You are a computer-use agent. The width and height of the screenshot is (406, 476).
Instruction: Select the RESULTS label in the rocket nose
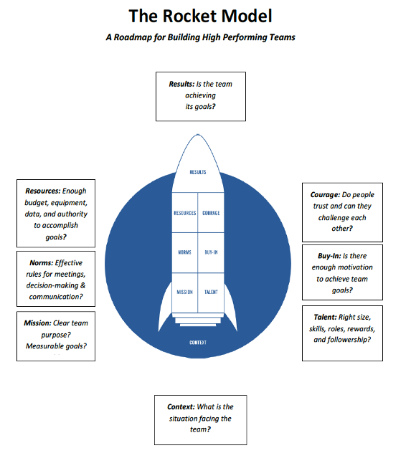pyautogui.click(x=198, y=172)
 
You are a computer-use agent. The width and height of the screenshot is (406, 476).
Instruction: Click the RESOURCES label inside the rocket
pyautogui.click(x=184, y=213)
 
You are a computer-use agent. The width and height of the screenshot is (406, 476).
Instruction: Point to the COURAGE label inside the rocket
pyautogui.click(x=211, y=213)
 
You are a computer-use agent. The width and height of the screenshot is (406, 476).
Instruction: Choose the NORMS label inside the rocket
pyautogui.click(x=184, y=252)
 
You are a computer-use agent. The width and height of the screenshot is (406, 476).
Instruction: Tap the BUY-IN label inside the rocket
pyautogui.click(x=211, y=252)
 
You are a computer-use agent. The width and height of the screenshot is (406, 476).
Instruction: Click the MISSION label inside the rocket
pyautogui.click(x=184, y=292)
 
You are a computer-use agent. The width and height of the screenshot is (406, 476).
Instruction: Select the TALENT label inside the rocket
pyautogui.click(x=211, y=292)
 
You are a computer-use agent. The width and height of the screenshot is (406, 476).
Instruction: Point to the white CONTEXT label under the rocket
pyautogui.click(x=198, y=343)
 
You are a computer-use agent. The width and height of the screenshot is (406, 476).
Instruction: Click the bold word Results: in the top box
pyautogui.click(x=181, y=84)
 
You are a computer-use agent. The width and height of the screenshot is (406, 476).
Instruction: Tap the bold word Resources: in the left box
pyautogui.click(x=43, y=191)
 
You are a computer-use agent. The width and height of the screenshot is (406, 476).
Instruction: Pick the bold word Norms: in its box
pyautogui.click(x=42, y=263)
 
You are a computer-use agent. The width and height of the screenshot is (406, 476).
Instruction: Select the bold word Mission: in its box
pyautogui.click(x=37, y=323)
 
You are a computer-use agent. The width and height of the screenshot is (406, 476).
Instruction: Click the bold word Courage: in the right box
pyautogui.click(x=325, y=195)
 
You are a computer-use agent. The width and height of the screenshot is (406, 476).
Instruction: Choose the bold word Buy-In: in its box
pyautogui.click(x=329, y=256)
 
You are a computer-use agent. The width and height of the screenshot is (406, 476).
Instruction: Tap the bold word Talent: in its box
pyautogui.click(x=325, y=318)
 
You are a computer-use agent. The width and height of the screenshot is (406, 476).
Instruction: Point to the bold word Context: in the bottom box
pyautogui.click(x=181, y=406)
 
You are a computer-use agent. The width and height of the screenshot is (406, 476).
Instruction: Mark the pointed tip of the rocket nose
pyautogui.click(x=198, y=135)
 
